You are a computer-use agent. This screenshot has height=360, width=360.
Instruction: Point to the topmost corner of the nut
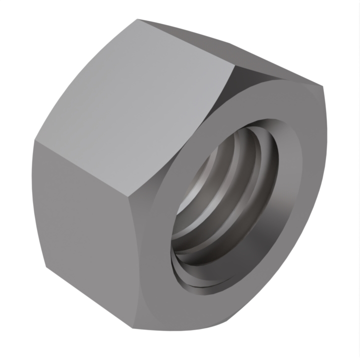pyautogui.click(x=138, y=19)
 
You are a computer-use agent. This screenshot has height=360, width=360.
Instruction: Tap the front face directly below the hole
pyautogui.click(x=200, y=310)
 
